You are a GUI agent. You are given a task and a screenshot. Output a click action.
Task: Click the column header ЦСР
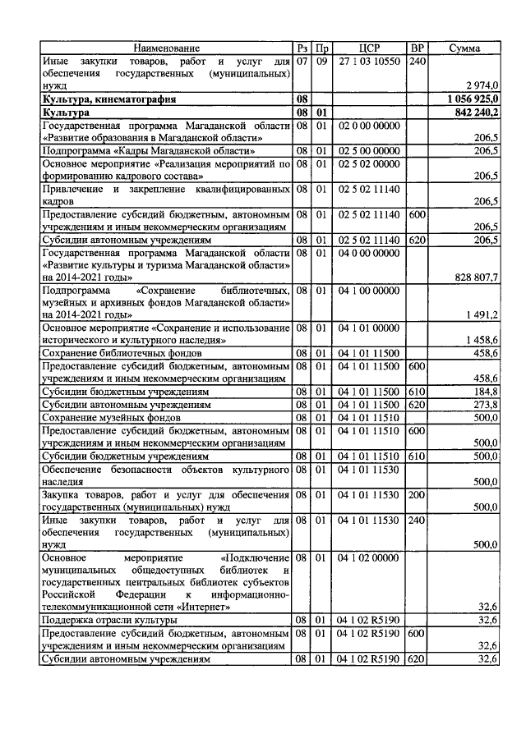(x=369, y=48)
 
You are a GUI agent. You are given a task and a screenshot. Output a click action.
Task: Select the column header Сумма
(x=464, y=48)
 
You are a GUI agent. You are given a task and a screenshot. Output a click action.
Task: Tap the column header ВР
(x=418, y=48)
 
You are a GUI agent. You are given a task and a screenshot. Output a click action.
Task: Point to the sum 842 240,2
(x=476, y=112)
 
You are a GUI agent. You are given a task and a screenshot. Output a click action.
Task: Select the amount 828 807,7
(x=476, y=278)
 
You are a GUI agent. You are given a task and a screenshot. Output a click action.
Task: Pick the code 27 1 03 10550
(x=369, y=61)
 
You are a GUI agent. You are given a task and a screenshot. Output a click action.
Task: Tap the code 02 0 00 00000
(x=369, y=125)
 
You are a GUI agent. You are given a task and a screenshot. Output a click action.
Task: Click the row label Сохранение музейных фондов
(x=108, y=417)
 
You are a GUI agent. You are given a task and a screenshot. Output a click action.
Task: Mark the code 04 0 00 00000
(x=369, y=255)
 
